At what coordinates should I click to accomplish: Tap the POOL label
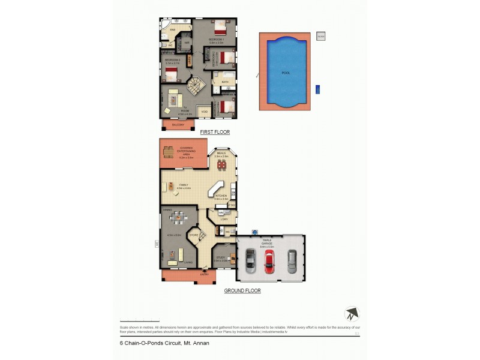click(286, 73)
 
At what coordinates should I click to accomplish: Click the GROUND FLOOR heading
click(242, 290)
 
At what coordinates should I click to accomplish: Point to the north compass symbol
click(352, 314)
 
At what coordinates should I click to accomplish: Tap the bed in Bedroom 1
click(219, 28)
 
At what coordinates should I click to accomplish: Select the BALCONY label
click(178, 125)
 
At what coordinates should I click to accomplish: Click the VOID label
click(205, 112)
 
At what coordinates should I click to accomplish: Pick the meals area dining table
click(223, 164)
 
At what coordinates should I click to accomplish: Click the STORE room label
click(194, 235)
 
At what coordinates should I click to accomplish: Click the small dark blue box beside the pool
click(317, 89)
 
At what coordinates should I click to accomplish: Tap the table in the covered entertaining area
click(169, 151)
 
